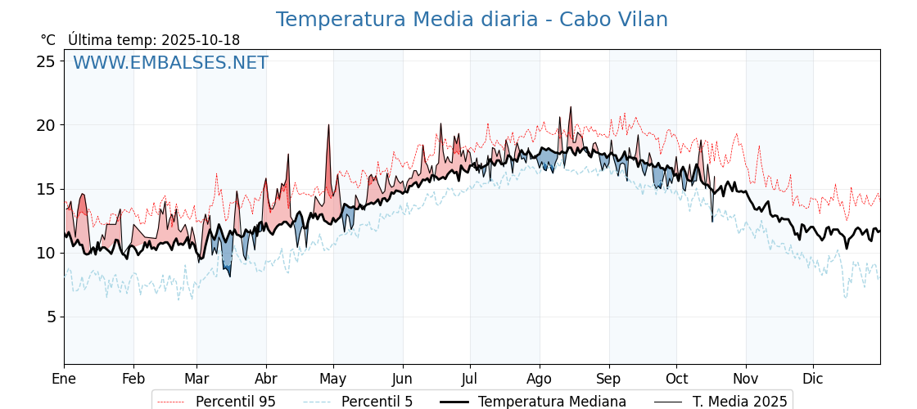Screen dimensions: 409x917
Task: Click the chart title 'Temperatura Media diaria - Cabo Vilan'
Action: click(472, 20)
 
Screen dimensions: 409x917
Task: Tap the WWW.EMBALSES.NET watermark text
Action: click(170, 63)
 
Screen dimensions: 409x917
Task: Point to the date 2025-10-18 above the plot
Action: click(201, 40)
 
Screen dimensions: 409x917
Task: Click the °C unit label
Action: click(48, 40)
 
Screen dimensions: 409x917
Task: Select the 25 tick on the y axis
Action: click(47, 61)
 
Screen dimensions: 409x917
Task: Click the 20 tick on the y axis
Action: click(47, 125)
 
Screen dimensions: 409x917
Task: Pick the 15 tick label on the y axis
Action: click(47, 189)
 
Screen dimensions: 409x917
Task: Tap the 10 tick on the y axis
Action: click(47, 253)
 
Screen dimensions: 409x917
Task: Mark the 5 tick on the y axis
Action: click(51, 317)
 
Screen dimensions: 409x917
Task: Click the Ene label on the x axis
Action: click(64, 379)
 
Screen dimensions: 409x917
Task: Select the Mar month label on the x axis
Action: click(196, 379)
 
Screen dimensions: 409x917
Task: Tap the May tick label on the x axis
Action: click(333, 379)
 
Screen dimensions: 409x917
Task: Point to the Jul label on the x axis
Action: click(470, 379)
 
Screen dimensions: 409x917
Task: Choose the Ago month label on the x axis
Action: click(540, 379)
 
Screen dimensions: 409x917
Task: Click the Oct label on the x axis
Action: click(676, 379)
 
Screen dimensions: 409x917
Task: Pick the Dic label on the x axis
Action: click(813, 379)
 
